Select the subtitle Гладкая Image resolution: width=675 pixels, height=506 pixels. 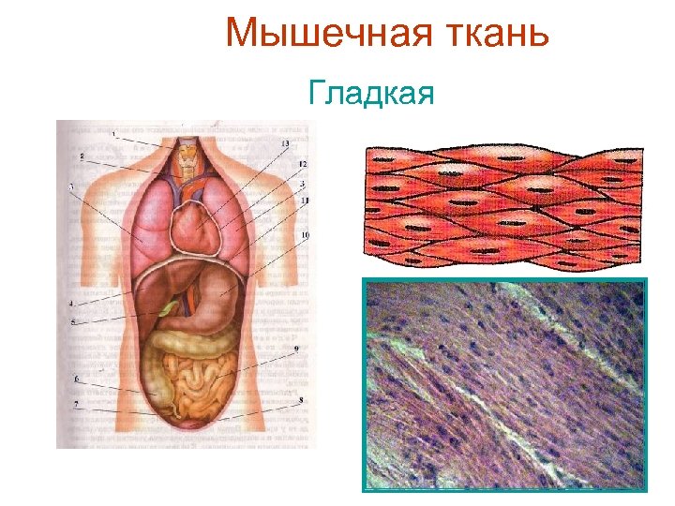click(370, 94)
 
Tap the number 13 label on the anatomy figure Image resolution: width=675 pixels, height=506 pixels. click(285, 142)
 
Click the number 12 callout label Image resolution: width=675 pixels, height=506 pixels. click(303, 165)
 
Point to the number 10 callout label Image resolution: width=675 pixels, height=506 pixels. click(307, 234)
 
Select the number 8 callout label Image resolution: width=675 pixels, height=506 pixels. click(300, 400)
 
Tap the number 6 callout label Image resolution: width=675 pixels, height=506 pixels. click(76, 377)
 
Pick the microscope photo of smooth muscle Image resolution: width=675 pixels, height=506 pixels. click(504, 384)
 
